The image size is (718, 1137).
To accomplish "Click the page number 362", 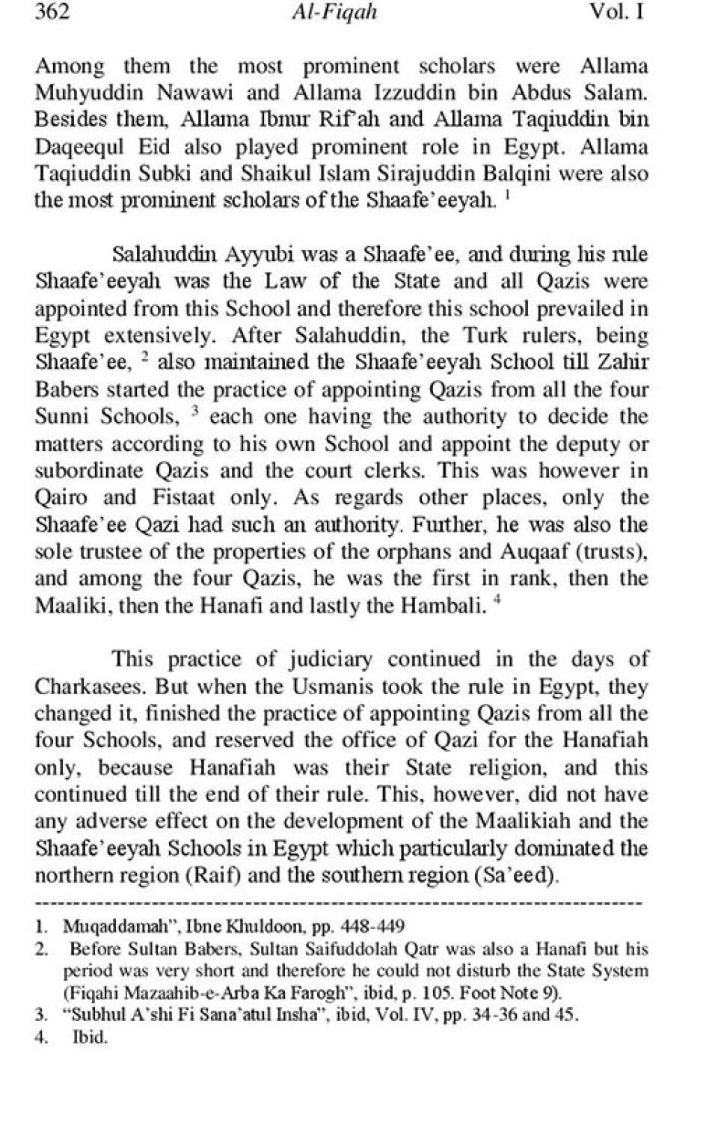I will click(52, 13).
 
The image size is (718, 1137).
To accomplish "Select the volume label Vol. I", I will click(617, 13).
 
